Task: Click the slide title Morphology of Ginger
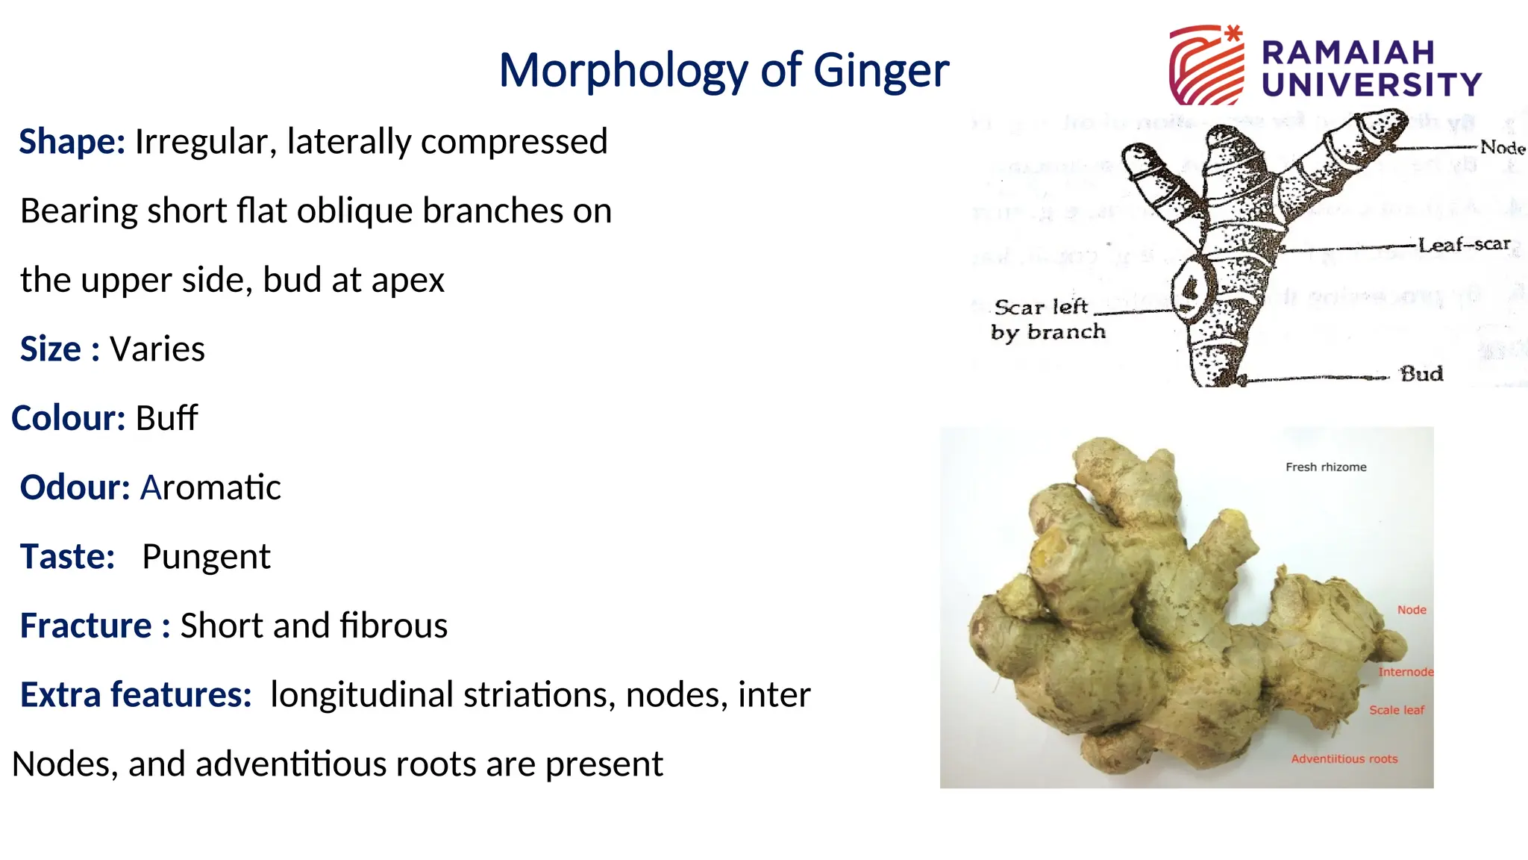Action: [x=724, y=71]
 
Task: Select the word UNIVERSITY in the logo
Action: [x=1371, y=84]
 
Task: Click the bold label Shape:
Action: [x=72, y=142]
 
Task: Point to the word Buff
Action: [x=166, y=418]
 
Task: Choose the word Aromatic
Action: [x=210, y=487]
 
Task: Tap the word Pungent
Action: [x=206, y=557]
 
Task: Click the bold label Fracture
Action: [x=86, y=626]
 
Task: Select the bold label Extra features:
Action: [x=136, y=695]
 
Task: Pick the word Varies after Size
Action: [x=157, y=349]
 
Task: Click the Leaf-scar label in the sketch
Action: [x=1464, y=245]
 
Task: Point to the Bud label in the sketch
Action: [x=1421, y=373]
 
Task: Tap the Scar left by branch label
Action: [x=1047, y=320]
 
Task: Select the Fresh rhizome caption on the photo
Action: [x=1326, y=467]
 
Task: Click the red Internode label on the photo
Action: [x=1405, y=672]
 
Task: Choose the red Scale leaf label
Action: [x=1397, y=710]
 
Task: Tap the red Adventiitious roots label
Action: [x=1344, y=759]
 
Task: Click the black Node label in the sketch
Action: [x=1502, y=147]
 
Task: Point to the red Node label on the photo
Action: [x=1412, y=610]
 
